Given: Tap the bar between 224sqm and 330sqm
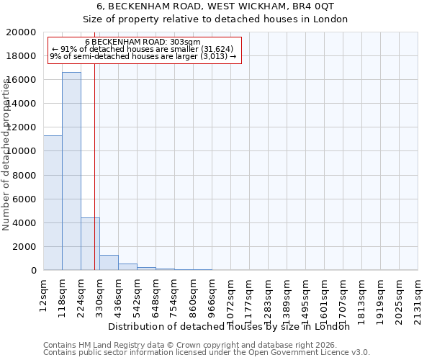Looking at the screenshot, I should click(x=90, y=244).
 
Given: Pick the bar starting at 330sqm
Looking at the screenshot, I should click(x=109, y=263).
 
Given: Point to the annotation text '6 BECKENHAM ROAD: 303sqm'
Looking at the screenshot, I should click(x=143, y=42).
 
